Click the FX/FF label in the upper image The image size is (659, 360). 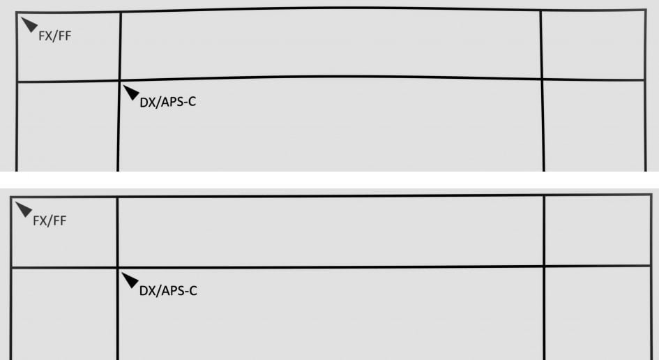click(x=55, y=36)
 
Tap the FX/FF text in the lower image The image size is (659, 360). click(x=50, y=221)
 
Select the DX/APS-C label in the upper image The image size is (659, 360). click(x=165, y=103)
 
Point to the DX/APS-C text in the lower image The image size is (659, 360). click(x=168, y=290)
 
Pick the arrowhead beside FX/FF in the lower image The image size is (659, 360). click(x=24, y=209)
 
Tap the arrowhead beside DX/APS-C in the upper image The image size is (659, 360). click(x=130, y=92)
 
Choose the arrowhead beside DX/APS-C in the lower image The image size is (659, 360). click(x=130, y=280)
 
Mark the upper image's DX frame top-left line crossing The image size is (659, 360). click(x=120, y=80)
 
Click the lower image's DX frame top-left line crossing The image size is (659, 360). click(x=117, y=267)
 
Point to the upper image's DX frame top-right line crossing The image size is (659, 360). click(x=542, y=79)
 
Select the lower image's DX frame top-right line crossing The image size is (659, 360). click(x=543, y=266)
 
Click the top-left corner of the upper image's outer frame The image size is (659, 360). click(x=17, y=15)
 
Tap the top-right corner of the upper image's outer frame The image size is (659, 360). click(x=645, y=10)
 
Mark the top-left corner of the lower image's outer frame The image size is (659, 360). click(x=12, y=198)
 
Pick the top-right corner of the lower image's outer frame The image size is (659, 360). click(x=651, y=195)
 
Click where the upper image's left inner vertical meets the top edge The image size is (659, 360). click(x=120, y=12)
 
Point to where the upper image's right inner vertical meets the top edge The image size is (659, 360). click(x=540, y=10)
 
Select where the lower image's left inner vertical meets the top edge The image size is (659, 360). click(x=117, y=197)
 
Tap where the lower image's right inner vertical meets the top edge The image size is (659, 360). click(x=543, y=196)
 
